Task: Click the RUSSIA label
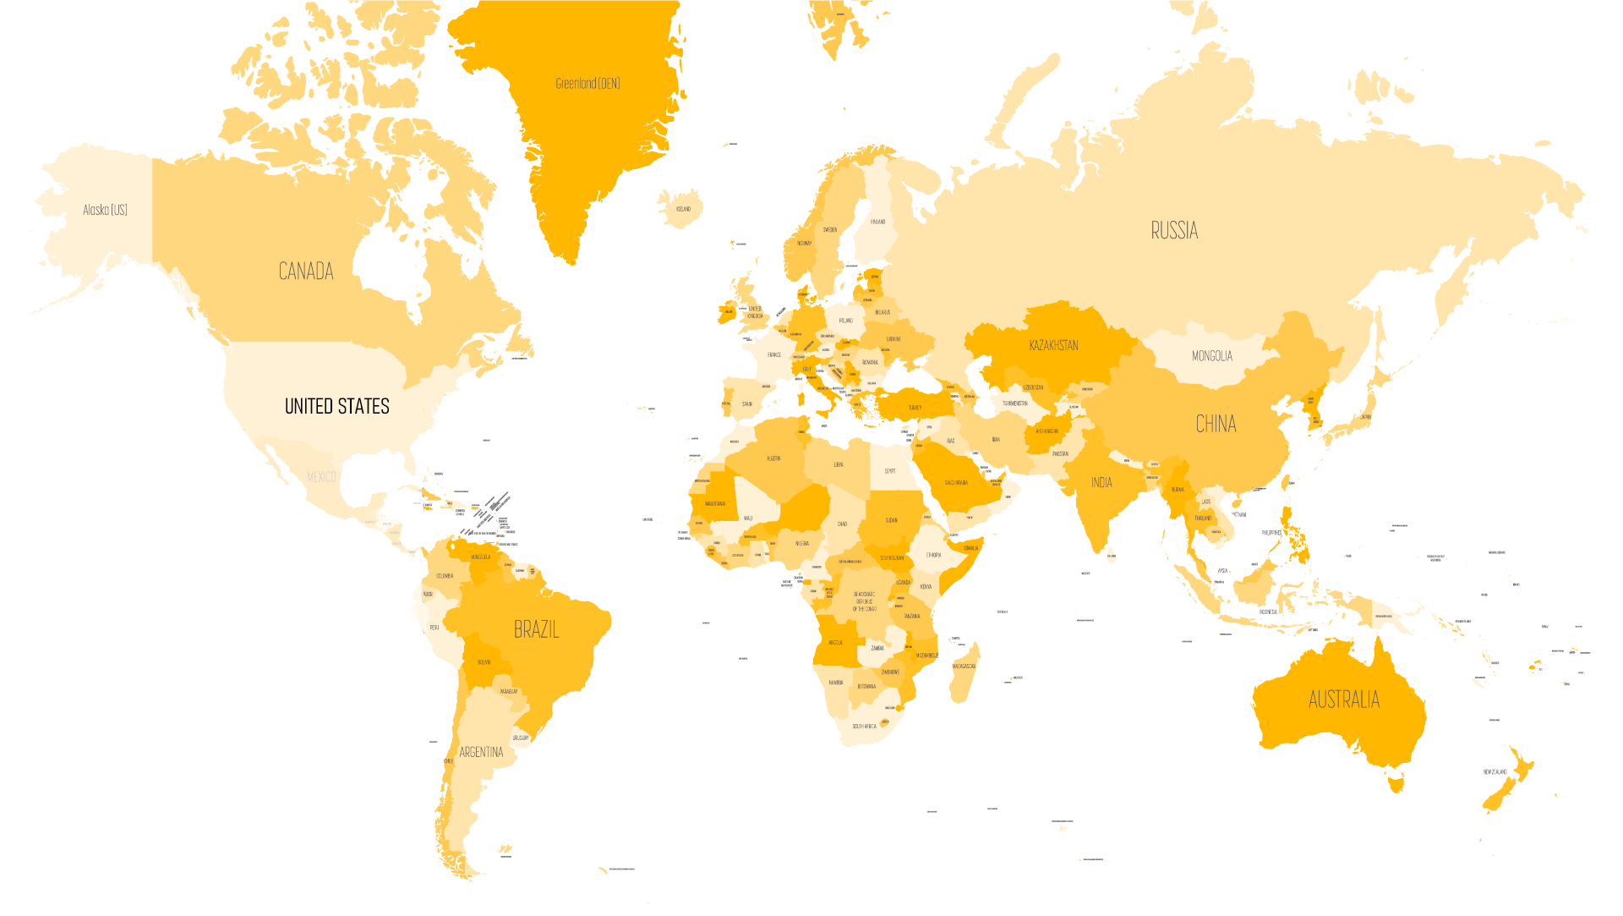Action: click(x=1174, y=230)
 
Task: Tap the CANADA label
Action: click(x=306, y=271)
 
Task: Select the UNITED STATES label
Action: click(x=336, y=406)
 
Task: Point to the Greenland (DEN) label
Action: click(x=587, y=83)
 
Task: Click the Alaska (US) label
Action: click(x=105, y=210)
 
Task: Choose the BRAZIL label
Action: click(x=536, y=629)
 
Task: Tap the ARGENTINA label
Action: click(x=481, y=752)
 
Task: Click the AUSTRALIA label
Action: click(x=1343, y=699)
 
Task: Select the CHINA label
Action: click(x=1216, y=424)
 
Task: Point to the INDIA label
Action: click(x=1101, y=482)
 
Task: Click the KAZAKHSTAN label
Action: click(x=1053, y=345)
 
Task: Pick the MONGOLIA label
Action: click(x=1211, y=356)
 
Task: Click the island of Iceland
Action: click(x=681, y=209)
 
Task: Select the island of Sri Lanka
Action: click(x=1111, y=554)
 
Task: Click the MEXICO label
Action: click(x=320, y=477)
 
